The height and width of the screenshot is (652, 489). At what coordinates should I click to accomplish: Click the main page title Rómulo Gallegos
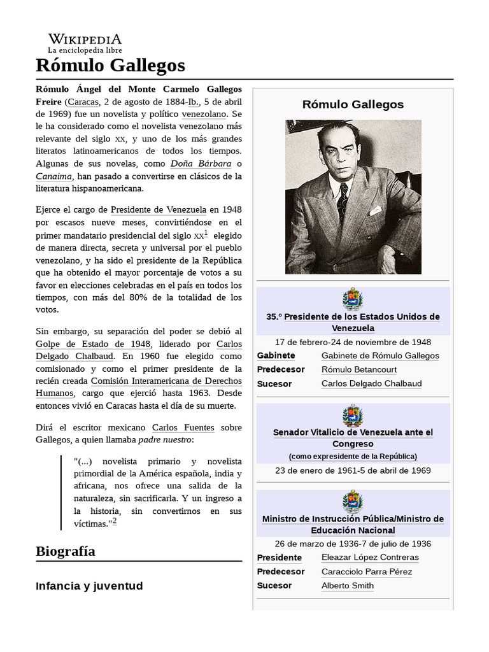[x=110, y=65]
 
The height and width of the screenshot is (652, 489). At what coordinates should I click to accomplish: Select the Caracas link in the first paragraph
[x=83, y=102]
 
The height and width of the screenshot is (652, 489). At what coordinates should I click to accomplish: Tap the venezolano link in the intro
[x=204, y=114]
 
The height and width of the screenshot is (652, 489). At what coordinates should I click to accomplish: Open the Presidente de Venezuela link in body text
[x=159, y=209]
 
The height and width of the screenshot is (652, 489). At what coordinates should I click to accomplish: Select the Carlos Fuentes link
[x=183, y=427]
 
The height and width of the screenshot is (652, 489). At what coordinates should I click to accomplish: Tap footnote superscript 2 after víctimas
[x=115, y=521]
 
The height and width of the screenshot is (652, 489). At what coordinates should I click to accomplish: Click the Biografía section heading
[x=66, y=551]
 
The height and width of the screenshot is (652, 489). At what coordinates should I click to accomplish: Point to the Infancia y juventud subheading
[x=89, y=586]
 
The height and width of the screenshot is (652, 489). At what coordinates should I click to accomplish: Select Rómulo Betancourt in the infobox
[x=358, y=369]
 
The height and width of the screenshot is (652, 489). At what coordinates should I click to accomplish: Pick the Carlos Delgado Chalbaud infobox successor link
[x=371, y=383]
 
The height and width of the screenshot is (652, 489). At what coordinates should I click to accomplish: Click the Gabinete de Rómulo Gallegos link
[x=380, y=355]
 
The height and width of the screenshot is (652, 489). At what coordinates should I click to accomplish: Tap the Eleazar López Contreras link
[x=370, y=557]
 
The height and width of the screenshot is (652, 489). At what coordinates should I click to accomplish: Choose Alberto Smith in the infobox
[x=348, y=585]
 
